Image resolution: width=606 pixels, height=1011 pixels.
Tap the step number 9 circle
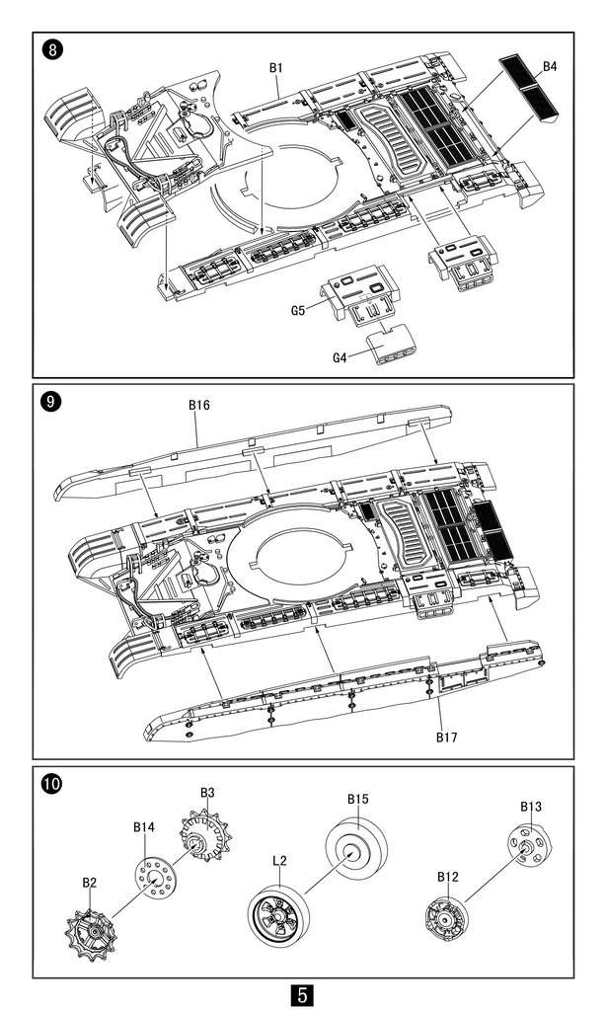(50, 402)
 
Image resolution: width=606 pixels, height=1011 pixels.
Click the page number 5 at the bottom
(302, 992)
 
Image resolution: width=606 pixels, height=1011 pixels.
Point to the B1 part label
(277, 67)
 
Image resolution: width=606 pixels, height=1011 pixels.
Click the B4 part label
(550, 67)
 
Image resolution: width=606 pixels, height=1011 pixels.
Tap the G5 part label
(297, 310)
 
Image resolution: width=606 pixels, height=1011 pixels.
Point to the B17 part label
(449, 736)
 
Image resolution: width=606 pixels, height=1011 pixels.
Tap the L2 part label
(278, 861)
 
